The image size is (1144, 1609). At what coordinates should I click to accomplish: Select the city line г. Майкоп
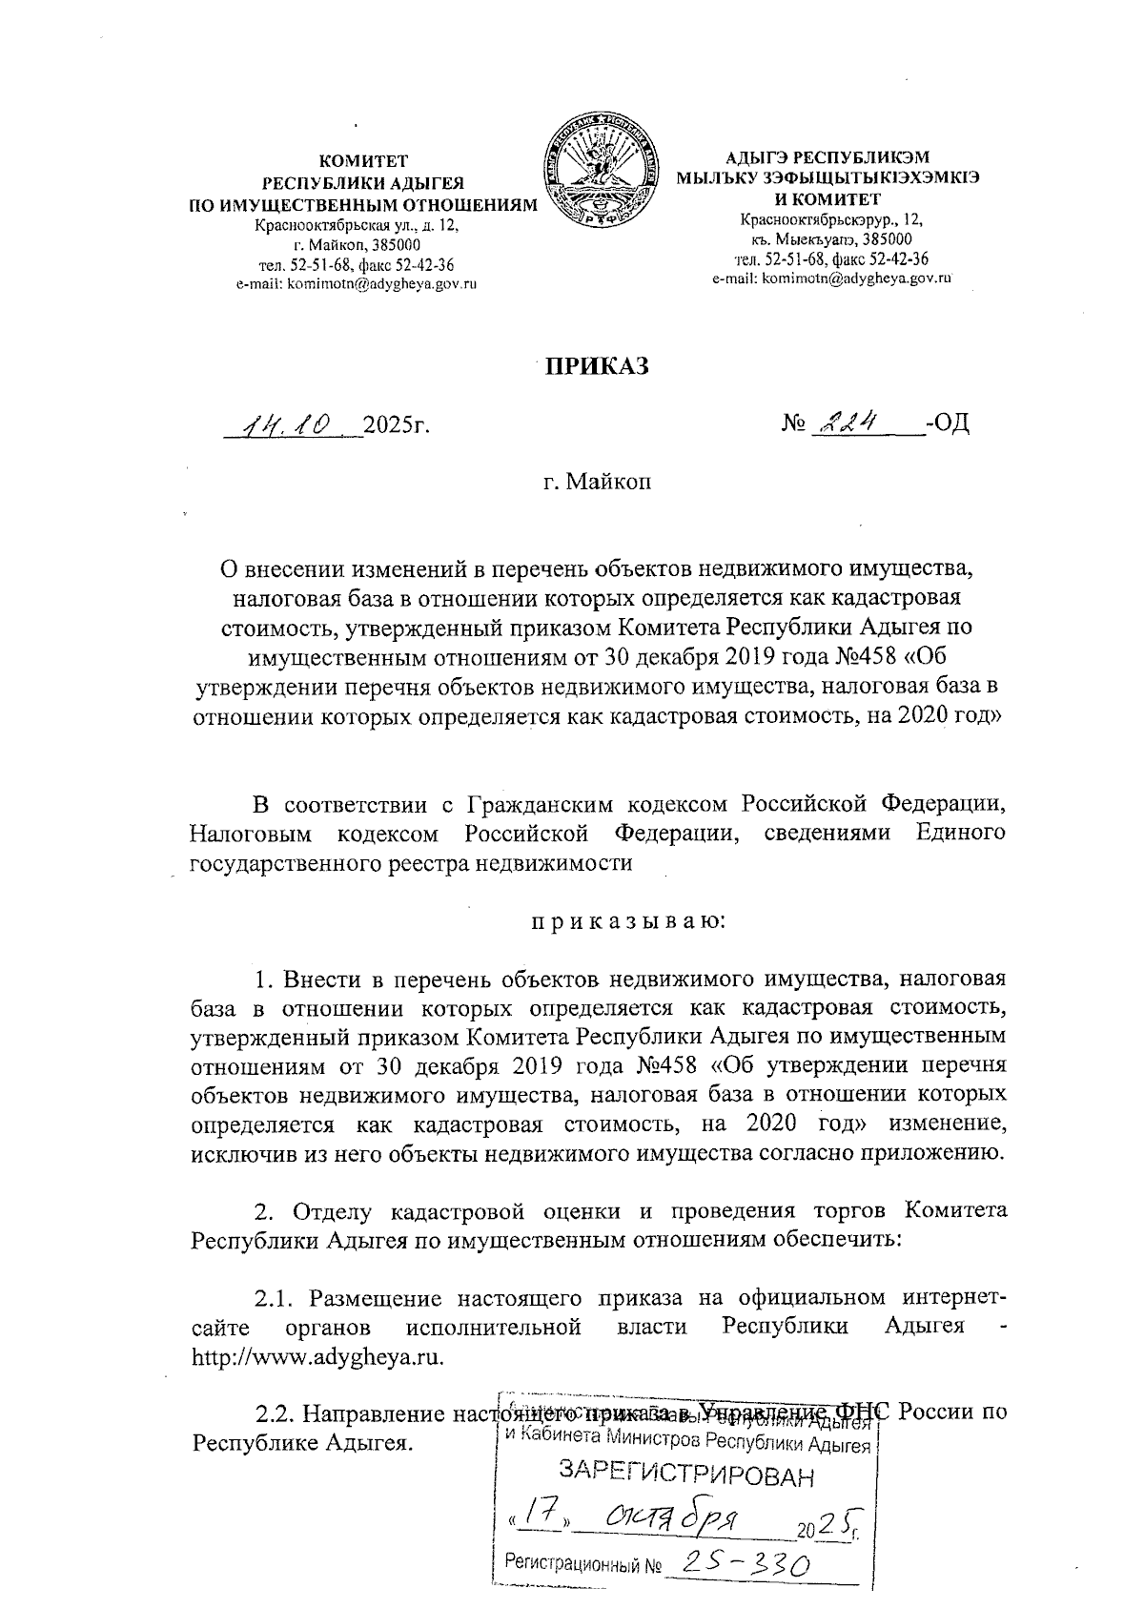(598, 483)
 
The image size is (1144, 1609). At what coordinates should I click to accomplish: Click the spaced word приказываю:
(628, 921)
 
